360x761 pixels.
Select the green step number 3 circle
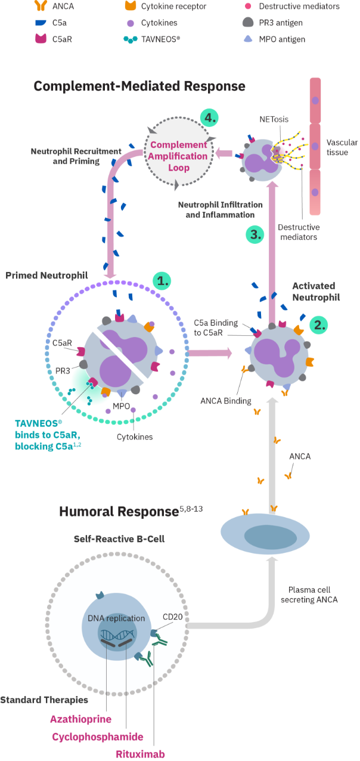coord(255,234)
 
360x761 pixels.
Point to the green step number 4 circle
coord(209,117)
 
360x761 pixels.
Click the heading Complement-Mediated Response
coord(139,86)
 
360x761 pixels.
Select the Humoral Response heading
coord(118,512)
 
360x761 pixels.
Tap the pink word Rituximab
coord(139,753)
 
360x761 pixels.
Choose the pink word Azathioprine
coord(80,720)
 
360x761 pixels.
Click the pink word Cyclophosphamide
coord(98,737)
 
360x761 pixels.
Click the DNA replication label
coord(116,618)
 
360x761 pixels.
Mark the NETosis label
coord(274,119)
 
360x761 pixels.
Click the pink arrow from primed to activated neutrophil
coord(210,354)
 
